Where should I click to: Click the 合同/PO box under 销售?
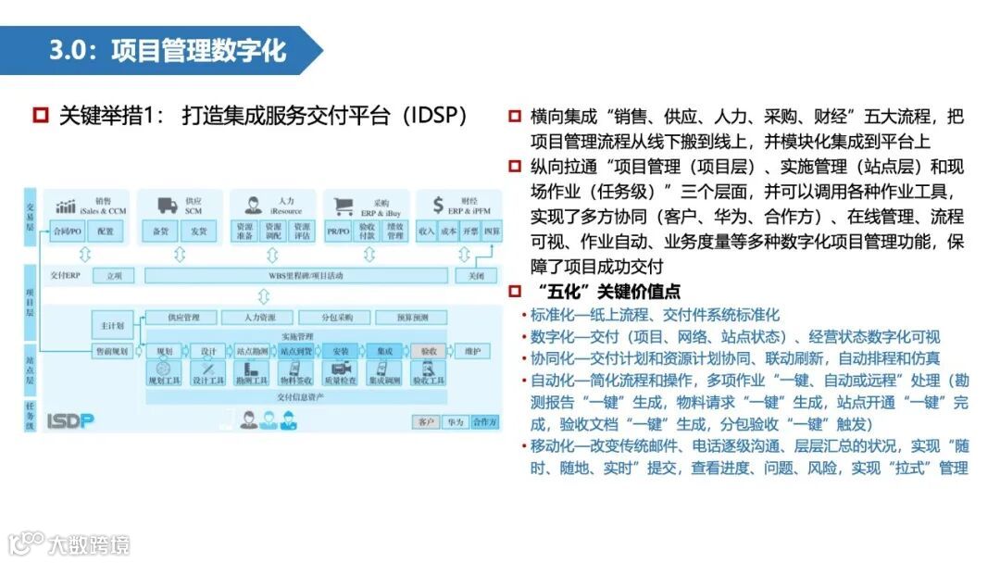click(67, 231)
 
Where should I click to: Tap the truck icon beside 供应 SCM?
click(168, 206)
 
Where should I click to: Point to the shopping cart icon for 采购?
click(344, 206)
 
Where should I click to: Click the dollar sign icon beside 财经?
click(438, 206)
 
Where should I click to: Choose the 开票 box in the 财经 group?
click(470, 231)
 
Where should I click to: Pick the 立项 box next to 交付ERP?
click(114, 275)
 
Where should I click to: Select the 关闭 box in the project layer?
click(475, 275)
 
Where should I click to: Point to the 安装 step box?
click(339, 352)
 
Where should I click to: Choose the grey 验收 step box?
click(428, 352)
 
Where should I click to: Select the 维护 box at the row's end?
click(472, 352)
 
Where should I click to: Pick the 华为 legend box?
click(454, 422)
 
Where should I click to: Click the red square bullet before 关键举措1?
click(40, 117)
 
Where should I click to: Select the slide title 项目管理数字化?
click(198, 49)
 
